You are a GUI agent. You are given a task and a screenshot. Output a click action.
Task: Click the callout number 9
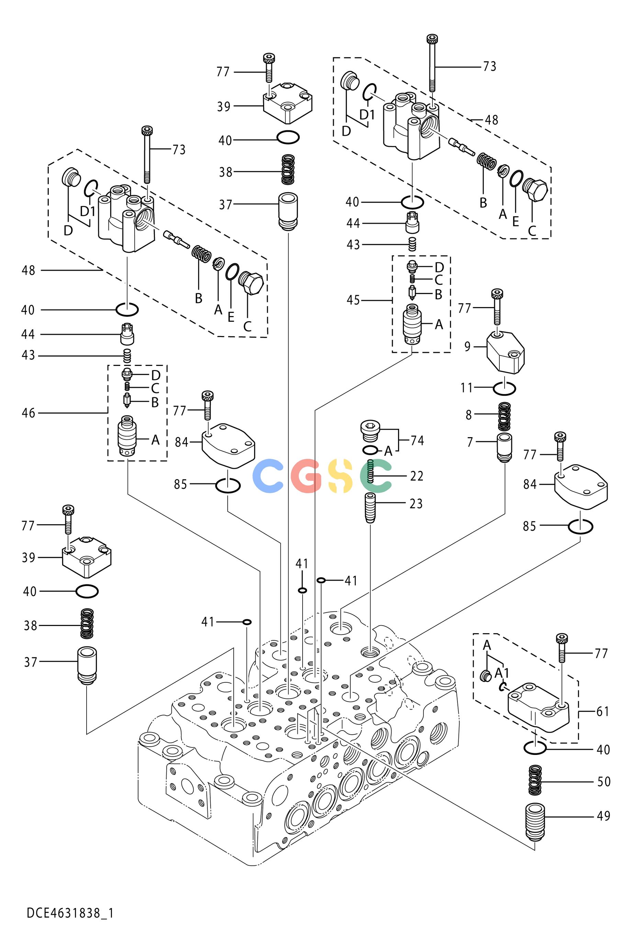click(x=467, y=347)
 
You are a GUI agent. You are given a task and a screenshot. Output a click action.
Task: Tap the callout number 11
click(x=466, y=388)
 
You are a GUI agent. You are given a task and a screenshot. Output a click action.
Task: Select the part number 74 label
click(x=417, y=440)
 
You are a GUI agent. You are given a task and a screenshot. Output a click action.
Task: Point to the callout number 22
click(x=417, y=476)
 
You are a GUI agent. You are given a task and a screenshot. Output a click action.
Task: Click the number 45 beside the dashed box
click(x=353, y=300)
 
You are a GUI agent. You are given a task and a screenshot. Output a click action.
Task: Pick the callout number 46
click(x=29, y=413)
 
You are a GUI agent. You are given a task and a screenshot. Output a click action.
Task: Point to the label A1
click(x=501, y=673)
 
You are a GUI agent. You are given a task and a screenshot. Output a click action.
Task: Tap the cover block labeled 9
click(x=505, y=352)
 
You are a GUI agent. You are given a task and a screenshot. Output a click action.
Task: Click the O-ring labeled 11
click(x=505, y=388)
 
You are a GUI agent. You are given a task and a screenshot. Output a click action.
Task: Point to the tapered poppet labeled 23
click(x=370, y=508)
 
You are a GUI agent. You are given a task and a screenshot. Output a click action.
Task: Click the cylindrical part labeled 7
click(x=505, y=448)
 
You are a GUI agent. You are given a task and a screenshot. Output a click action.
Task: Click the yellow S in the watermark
click(x=340, y=476)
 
